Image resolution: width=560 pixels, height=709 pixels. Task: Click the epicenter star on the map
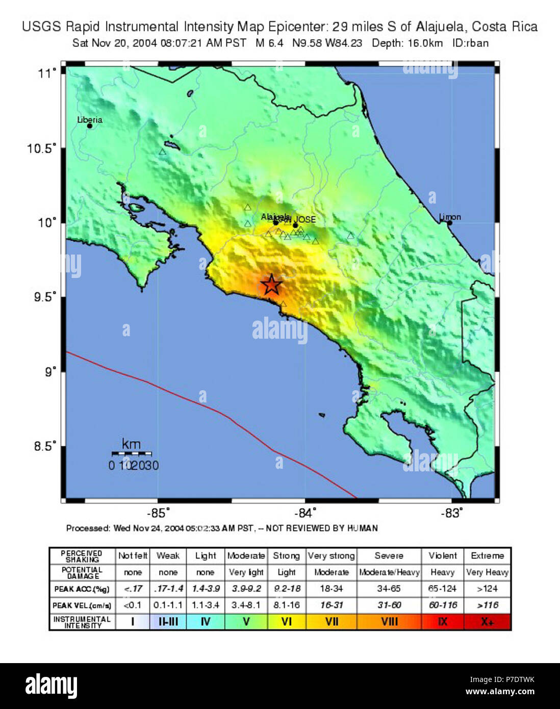(271, 285)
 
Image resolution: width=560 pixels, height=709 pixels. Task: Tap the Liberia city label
(90, 120)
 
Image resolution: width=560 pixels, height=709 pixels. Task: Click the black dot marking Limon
(449, 223)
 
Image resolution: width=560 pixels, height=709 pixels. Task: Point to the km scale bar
(132, 453)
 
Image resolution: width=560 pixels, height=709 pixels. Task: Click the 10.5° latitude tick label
(41, 148)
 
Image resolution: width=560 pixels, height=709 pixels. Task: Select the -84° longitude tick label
(304, 513)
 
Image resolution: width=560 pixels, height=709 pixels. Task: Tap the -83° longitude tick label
(451, 513)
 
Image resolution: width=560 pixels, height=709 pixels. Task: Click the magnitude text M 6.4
(269, 43)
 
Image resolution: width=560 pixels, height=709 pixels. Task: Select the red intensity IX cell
(442, 622)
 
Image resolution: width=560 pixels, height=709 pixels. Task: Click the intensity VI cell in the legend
(286, 622)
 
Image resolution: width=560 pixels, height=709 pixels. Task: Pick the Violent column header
(442, 555)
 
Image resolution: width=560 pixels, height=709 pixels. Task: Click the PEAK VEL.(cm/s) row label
(82, 605)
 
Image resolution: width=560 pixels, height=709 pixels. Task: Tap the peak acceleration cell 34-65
(389, 589)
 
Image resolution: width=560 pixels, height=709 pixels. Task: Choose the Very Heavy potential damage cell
(487, 572)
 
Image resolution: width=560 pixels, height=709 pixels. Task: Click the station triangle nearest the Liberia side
(162, 152)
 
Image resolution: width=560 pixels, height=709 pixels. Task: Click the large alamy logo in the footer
(52, 686)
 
